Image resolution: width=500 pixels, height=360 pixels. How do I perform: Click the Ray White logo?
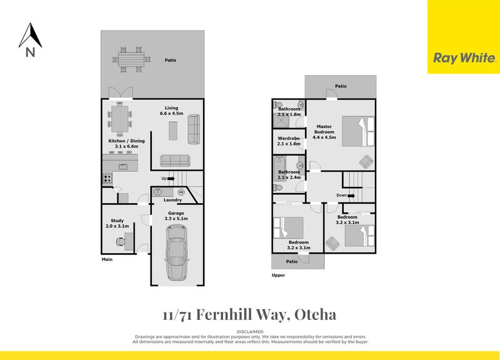464,58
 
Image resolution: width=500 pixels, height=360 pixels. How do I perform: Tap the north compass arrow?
30,36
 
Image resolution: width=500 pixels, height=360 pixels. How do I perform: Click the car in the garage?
176,252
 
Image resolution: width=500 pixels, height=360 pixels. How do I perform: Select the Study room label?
117,220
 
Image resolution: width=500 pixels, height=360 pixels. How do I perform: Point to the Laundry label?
172,200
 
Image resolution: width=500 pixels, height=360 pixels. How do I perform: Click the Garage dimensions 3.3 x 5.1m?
176,219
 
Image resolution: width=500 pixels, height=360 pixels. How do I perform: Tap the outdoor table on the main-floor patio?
131,59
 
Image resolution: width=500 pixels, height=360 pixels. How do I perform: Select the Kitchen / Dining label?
126,141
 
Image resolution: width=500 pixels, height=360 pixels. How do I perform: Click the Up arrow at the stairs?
167,179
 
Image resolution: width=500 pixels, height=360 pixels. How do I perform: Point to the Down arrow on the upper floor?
346,196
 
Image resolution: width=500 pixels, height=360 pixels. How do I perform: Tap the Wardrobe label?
289,138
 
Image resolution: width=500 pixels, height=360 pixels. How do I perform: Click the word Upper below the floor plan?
278,275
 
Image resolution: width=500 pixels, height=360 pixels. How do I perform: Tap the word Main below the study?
107,260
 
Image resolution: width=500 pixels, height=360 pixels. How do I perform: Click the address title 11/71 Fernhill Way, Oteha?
249,314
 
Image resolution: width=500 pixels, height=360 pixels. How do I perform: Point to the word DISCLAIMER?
250,331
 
